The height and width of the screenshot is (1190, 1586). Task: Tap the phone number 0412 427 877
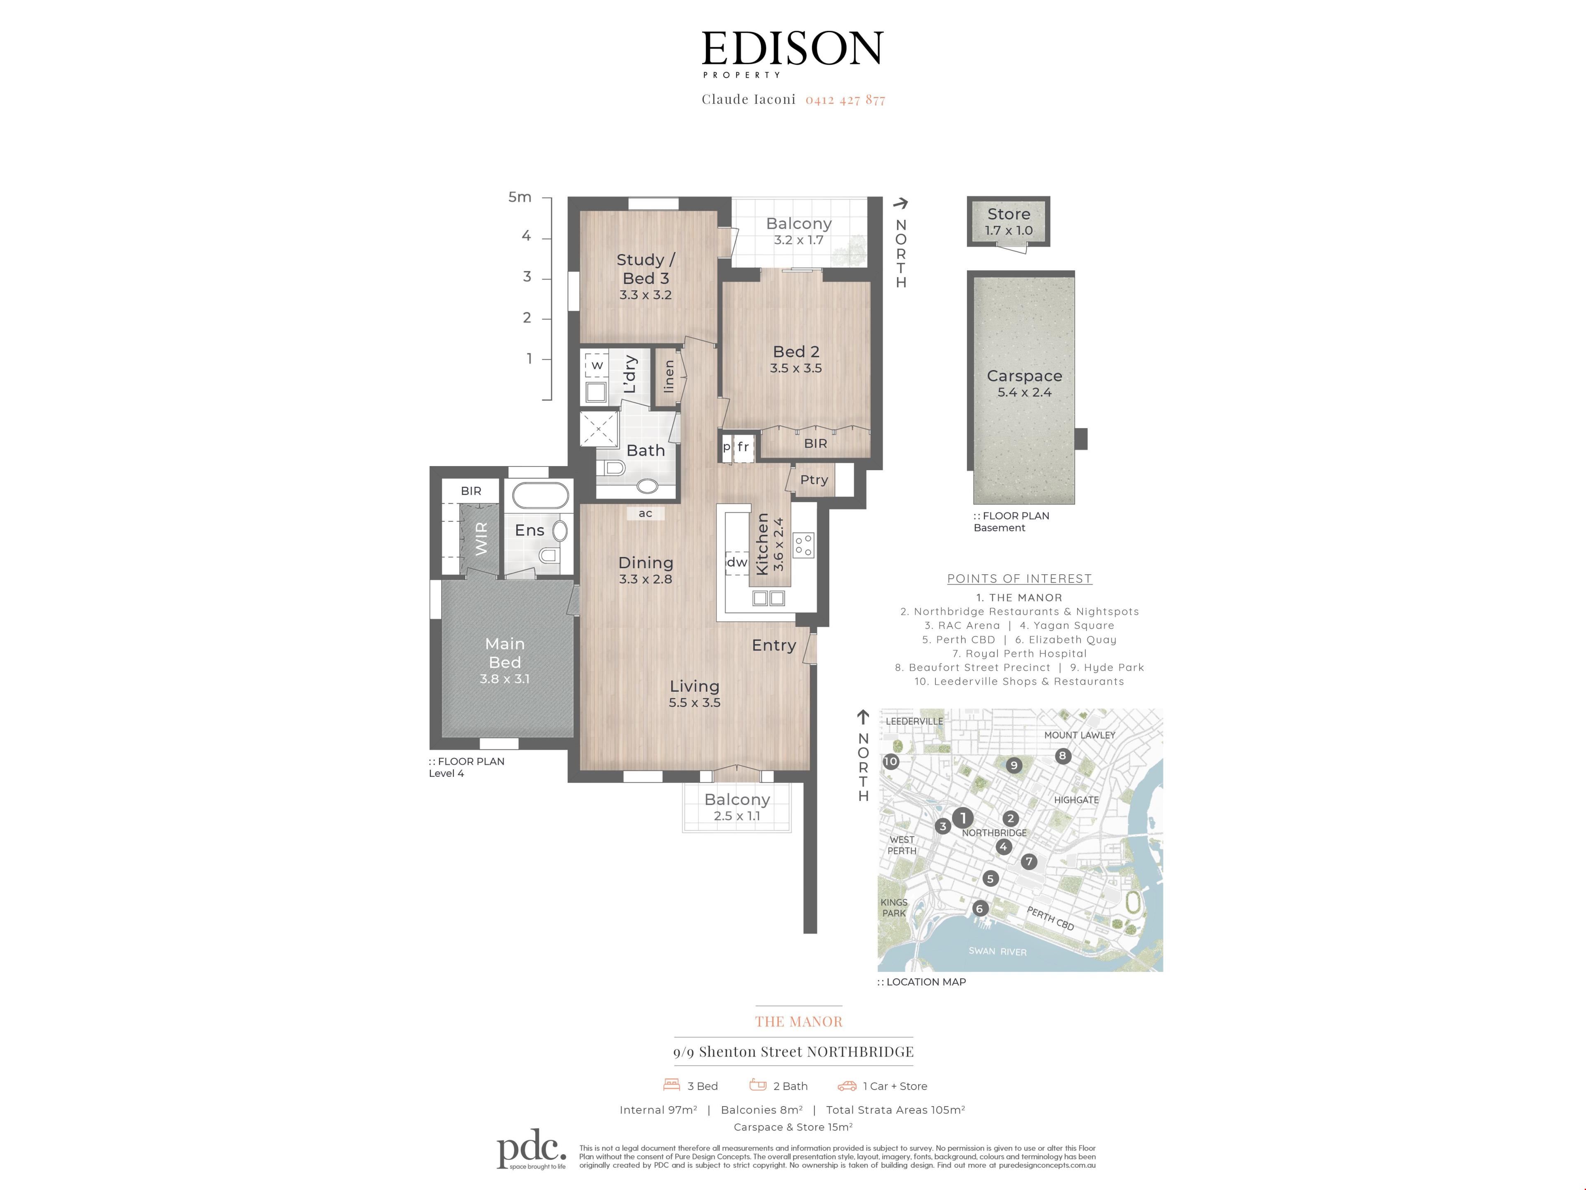point(845,100)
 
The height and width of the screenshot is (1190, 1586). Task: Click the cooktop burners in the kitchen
point(803,545)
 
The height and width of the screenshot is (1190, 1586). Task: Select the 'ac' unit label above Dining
point(645,513)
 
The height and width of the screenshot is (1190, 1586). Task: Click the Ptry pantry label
point(814,479)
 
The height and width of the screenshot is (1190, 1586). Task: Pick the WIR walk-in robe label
point(481,539)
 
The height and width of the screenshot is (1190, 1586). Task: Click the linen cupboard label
point(668,376)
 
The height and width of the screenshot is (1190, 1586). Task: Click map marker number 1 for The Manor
point(963,818)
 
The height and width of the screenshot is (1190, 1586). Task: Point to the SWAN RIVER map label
point(997,951)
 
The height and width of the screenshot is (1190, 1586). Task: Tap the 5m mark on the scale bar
point(520,197)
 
